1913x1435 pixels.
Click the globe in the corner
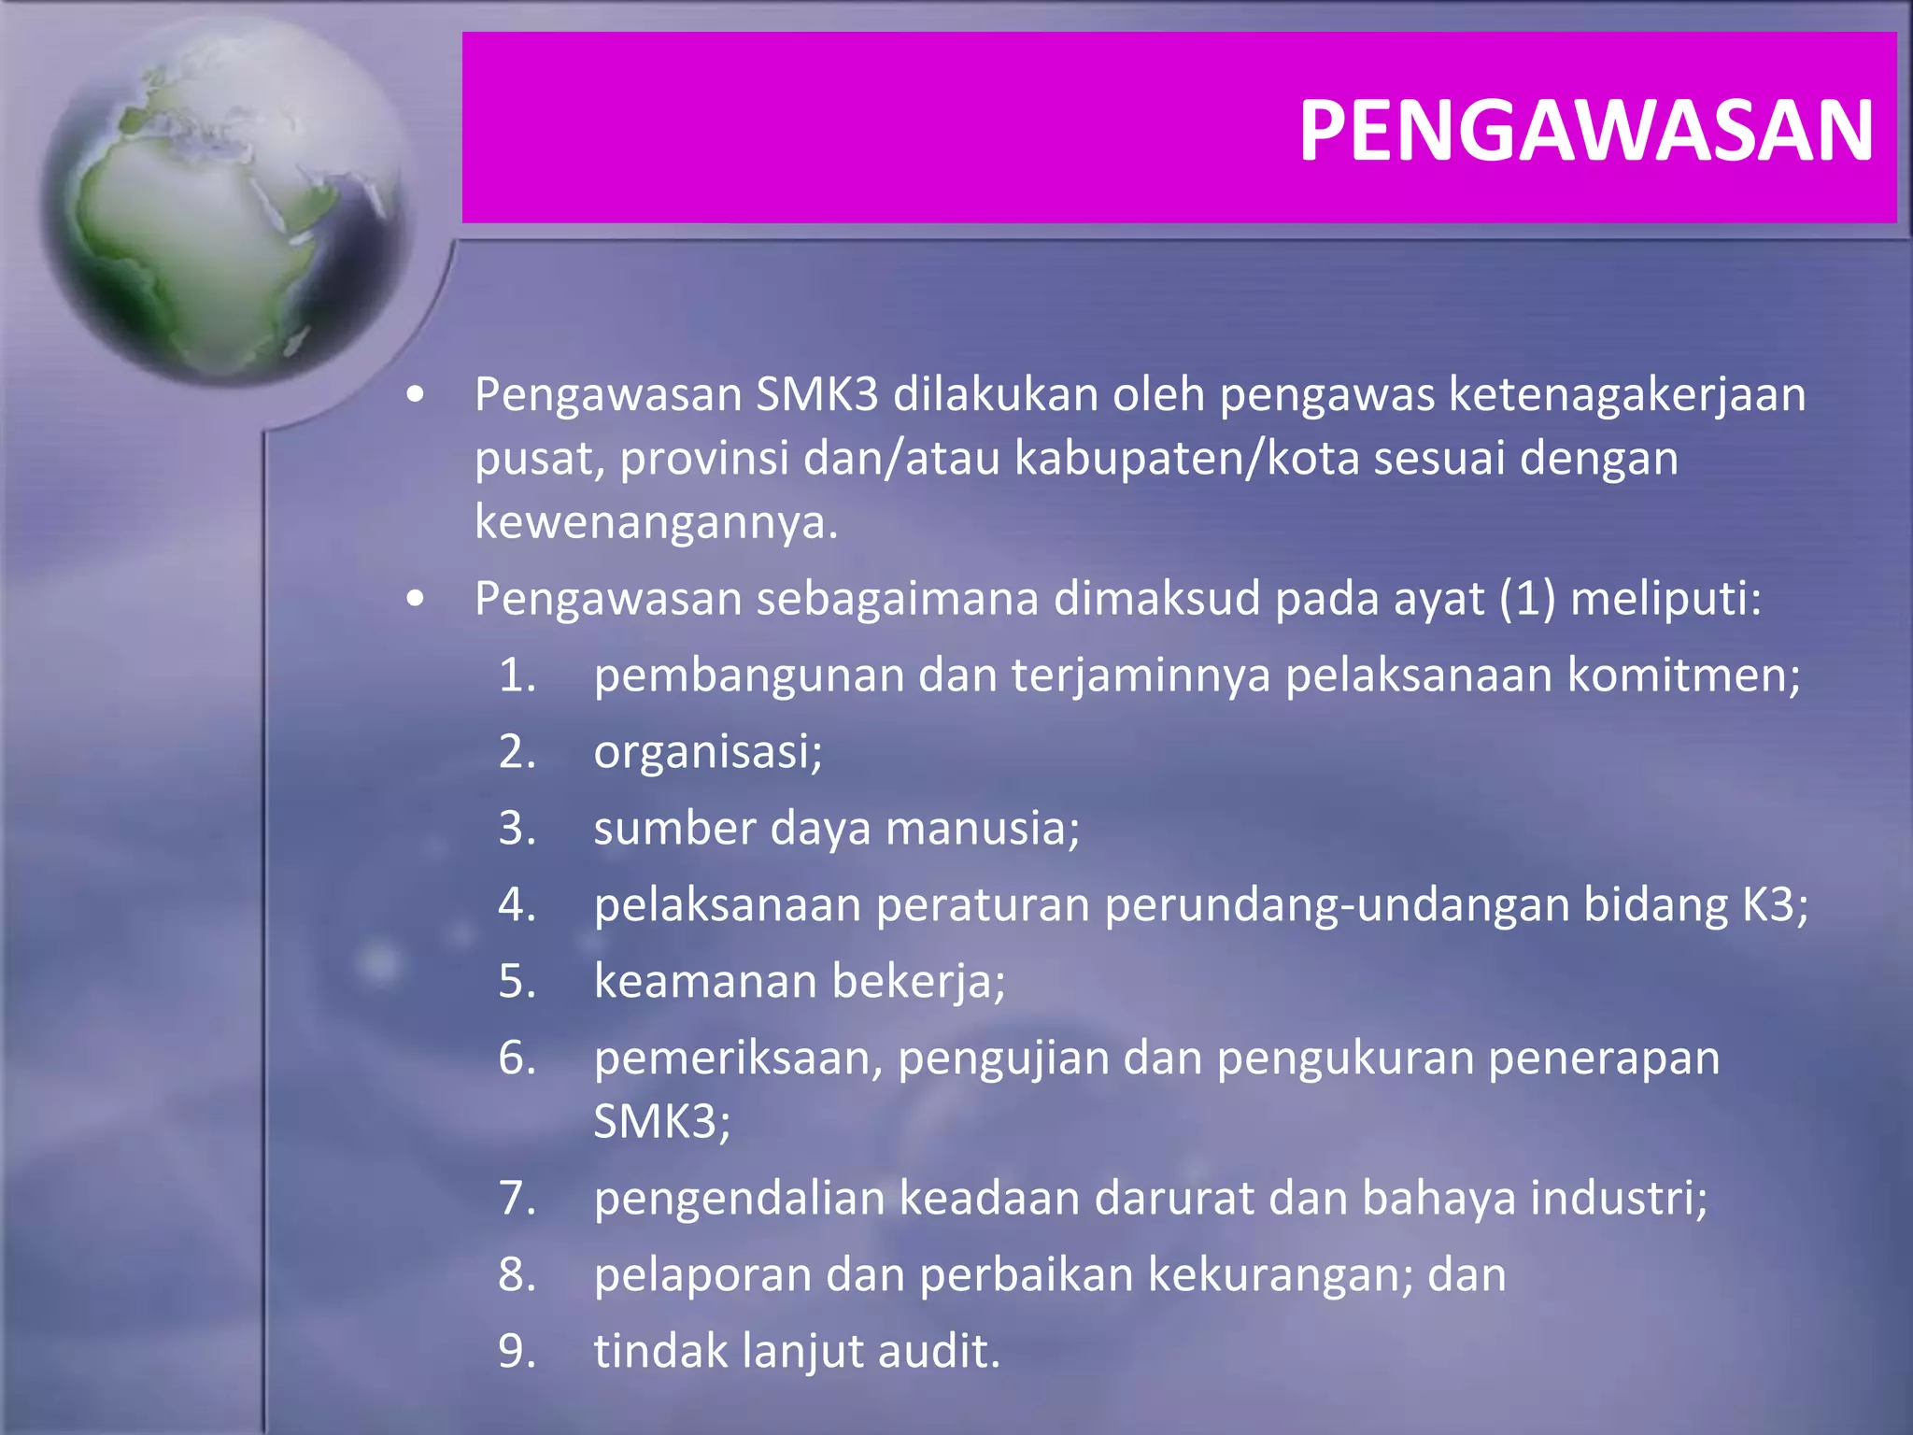[x=224, y=201]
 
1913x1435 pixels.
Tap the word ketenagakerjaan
[x=1627, y=395]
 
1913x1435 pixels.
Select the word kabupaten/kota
[x=1186, y=459]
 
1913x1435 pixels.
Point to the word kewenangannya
[x=656, y=522]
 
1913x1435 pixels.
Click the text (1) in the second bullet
[x=1528, y=599]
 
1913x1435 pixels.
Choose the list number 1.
[x=517, y=675]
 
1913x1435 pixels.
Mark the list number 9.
[x=517, y=1352]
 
